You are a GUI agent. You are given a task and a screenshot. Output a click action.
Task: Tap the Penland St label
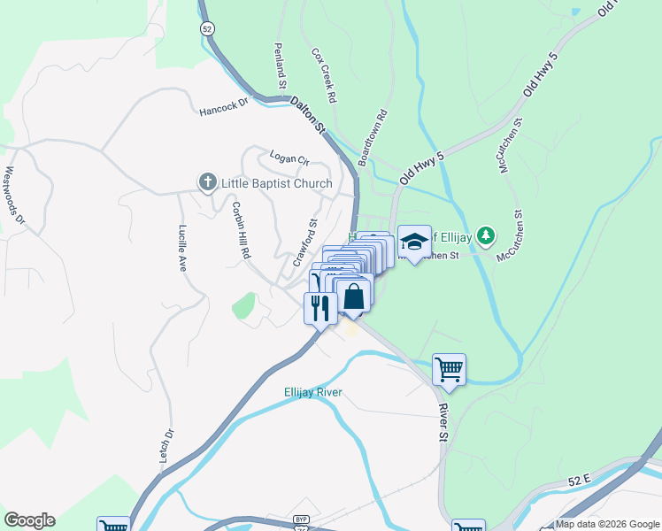coord(280,65)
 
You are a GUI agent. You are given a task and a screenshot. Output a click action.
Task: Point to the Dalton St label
coord(308,115)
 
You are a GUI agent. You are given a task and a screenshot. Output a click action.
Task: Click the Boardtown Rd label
coord(373,138)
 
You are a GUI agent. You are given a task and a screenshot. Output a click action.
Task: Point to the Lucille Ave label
coord(183,247)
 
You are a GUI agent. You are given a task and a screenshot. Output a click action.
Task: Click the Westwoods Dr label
coord(16,195)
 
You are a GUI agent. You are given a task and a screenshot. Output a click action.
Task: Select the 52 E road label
coord(579,479)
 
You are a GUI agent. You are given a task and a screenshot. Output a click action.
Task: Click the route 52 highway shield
coord(207,28)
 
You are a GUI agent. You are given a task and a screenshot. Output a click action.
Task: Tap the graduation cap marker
coord(413,240)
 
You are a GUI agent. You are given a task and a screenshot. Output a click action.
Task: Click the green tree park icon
coord(485,235)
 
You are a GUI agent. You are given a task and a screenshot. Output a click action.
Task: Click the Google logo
coord(29,520)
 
